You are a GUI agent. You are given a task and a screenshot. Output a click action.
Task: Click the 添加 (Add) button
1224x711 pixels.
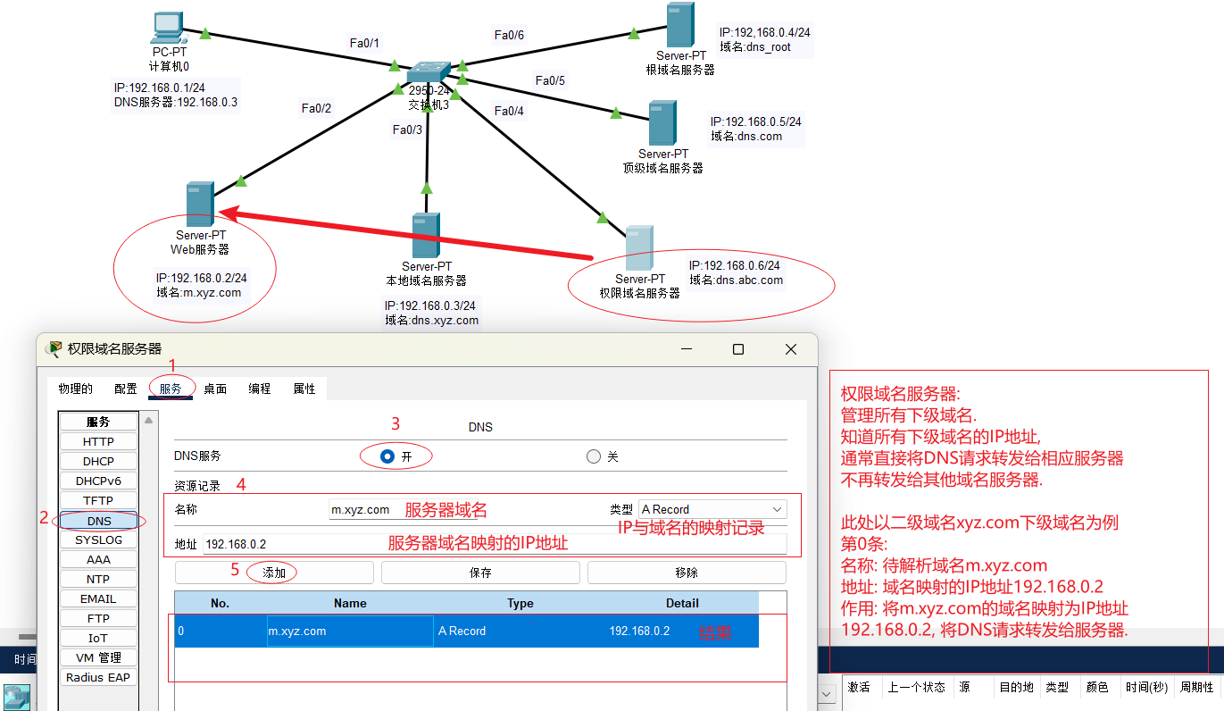click(274, 573)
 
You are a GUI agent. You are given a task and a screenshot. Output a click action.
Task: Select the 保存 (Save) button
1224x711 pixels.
click(480, 573)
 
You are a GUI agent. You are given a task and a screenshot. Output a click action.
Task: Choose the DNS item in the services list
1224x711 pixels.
click(99, 521)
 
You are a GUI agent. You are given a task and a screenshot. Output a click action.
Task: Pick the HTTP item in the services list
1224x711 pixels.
click(98, 441)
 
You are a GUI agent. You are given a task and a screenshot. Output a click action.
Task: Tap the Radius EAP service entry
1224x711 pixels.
click(98, 678)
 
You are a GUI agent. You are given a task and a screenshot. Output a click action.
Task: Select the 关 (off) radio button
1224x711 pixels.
click(594, 456)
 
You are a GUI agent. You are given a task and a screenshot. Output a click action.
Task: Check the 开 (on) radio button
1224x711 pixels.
click(387, 456)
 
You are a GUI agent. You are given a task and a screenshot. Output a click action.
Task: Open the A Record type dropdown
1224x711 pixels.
click(712, 509)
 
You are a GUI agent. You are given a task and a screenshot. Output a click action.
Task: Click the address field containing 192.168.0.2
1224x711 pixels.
click(495, 544)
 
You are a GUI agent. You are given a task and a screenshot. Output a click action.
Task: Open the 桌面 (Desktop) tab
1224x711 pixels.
click(215, 389)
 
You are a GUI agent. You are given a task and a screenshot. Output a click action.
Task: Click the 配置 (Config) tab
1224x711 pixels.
click(126, 389)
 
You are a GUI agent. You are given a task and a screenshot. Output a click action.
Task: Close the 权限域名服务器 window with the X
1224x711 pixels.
click(791, 349)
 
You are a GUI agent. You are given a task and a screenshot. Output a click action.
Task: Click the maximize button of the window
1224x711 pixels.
click(738, 349)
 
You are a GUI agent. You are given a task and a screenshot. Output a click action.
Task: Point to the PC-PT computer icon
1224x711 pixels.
click(169, 28)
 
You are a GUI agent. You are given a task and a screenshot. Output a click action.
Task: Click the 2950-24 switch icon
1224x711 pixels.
click(429, 72)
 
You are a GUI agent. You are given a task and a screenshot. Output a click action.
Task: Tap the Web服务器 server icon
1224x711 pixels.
click(200, 204)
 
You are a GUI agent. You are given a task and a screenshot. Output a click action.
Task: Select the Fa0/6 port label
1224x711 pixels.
click(509, 35)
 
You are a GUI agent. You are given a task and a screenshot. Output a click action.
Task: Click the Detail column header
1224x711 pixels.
click(682, 603)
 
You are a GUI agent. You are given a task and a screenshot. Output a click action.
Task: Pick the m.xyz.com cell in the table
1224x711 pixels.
click(350, 631)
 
